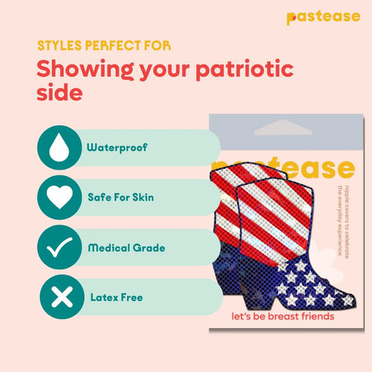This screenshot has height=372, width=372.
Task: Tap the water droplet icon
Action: [61, 148]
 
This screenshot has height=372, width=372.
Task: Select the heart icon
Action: [61, 198]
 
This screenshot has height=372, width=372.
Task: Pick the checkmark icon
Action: [61, 248]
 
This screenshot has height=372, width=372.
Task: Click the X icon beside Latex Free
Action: [61, 297]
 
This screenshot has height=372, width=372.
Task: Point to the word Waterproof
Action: [117, 148]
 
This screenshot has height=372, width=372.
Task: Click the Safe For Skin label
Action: [121, 198]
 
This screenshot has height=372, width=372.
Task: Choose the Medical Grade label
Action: [125, 248]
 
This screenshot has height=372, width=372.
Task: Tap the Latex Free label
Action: [117, 297]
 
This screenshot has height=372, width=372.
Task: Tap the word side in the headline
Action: [59, 94]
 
